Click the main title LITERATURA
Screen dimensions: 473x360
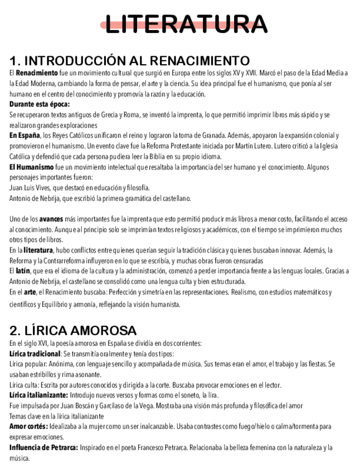pos(186,24)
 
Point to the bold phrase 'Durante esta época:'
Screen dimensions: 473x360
pos(40,104)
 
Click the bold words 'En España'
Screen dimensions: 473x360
pos(25,136)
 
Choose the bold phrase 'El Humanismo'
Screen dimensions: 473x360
pos(32,167)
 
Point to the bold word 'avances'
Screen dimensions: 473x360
pos(51,219)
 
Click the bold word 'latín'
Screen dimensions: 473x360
pos(23,271)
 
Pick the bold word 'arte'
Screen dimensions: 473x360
pos(30,292)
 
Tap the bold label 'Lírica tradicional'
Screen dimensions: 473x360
pos(35,354)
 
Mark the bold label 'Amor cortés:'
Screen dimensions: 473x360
pos(28,426)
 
